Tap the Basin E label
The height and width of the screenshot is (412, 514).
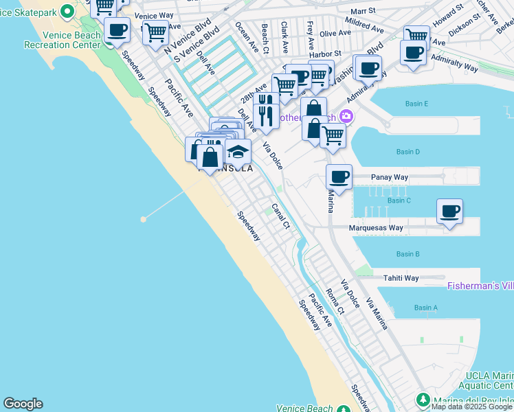(x=416, y=104)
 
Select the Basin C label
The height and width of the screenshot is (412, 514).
(x=399, y=201)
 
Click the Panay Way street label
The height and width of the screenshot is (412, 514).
(x=390, y=177)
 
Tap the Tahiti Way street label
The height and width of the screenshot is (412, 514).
(x=401, y=278)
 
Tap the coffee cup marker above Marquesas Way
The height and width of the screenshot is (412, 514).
(x=449, y=211)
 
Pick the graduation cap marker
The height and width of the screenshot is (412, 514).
(x=238, y=151)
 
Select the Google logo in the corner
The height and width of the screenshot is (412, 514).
(x=23, y=404)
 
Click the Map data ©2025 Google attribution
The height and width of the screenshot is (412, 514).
(x=472, y=407)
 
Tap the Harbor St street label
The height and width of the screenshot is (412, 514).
(x=325, y=53)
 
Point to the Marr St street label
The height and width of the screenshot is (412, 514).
(x=363, y=11)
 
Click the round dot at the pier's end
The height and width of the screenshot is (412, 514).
(x=143, y=219)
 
